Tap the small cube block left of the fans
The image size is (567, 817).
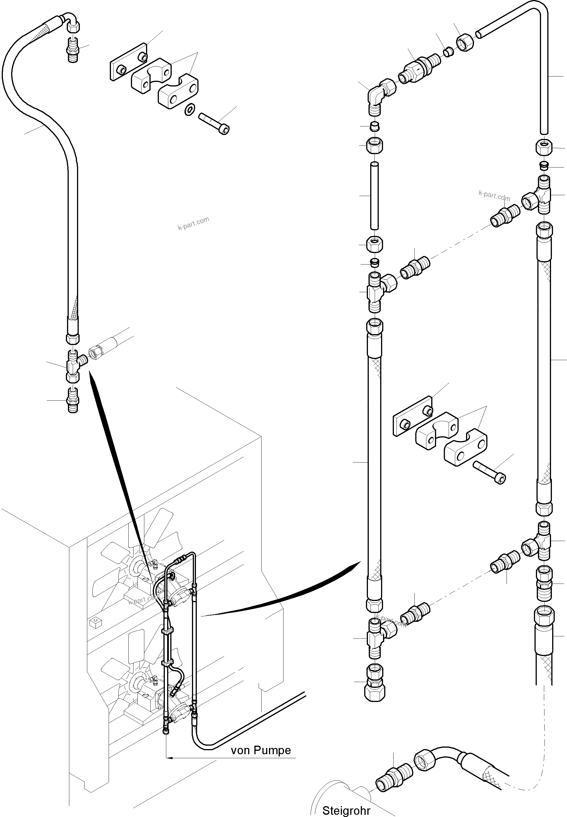[x=95, y=622]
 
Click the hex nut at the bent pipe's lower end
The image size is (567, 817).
[x=544, y=147]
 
